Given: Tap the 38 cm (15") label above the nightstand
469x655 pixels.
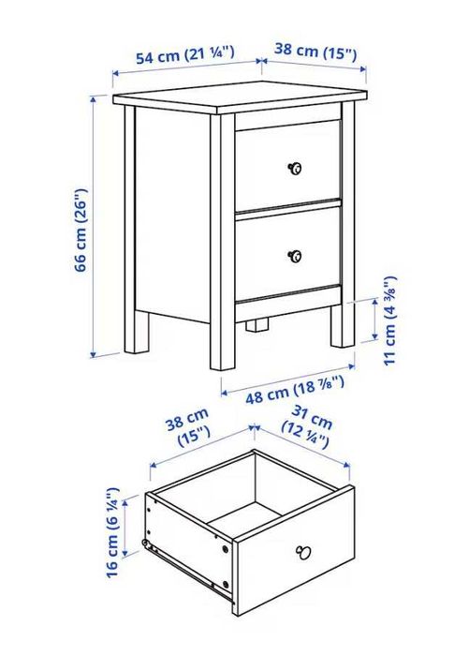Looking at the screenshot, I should point(316,52).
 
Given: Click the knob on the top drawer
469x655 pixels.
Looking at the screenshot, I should point(294,168).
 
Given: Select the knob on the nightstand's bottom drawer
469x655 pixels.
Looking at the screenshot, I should point(295,255).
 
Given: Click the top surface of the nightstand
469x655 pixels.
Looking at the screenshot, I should point(239,97).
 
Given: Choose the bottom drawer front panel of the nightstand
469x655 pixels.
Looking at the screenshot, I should point(287,254).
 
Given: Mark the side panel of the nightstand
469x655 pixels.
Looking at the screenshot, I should point(172,216).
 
